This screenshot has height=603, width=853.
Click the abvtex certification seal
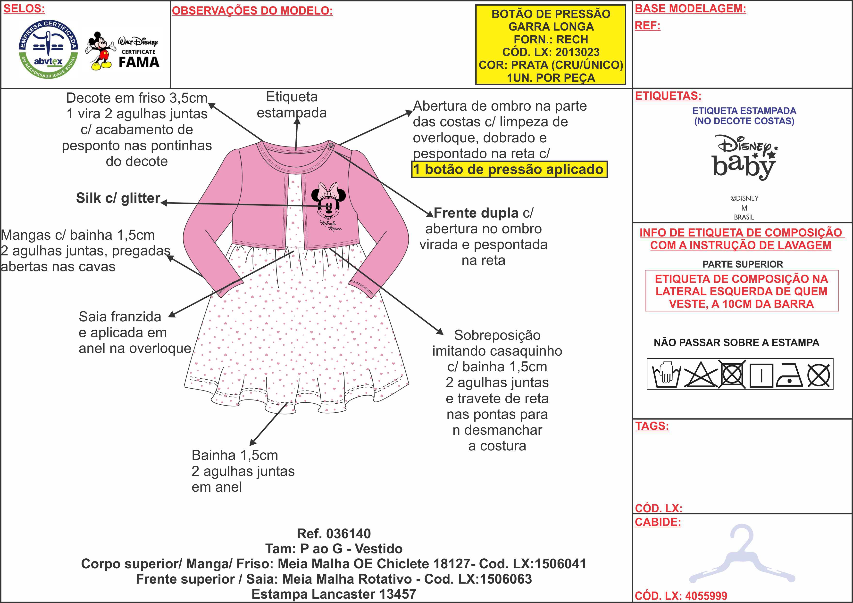[x=48, y=49]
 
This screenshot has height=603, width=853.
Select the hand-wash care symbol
[x=666, y=374]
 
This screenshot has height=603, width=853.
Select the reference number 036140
[x=349, y=534]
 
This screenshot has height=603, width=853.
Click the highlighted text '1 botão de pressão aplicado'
[x=509, y=169]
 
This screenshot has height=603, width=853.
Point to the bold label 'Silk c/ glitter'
[x=118, y=198]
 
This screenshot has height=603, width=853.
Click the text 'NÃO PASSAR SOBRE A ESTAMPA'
[x=736, y=342]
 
